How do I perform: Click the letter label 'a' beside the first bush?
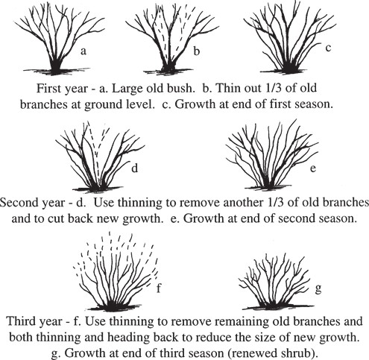coord(83,51)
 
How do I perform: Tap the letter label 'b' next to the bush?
coord(196,51)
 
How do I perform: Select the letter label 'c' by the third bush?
coord(328,48)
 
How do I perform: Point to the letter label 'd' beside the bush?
coord(134,168)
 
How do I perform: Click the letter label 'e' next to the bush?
coord(313,168)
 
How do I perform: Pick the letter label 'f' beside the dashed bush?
coord(159,288)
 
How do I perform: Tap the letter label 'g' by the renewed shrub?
coord(318,288)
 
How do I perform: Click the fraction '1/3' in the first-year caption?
coord(271,88)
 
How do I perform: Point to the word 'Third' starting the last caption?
coord(20,321)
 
